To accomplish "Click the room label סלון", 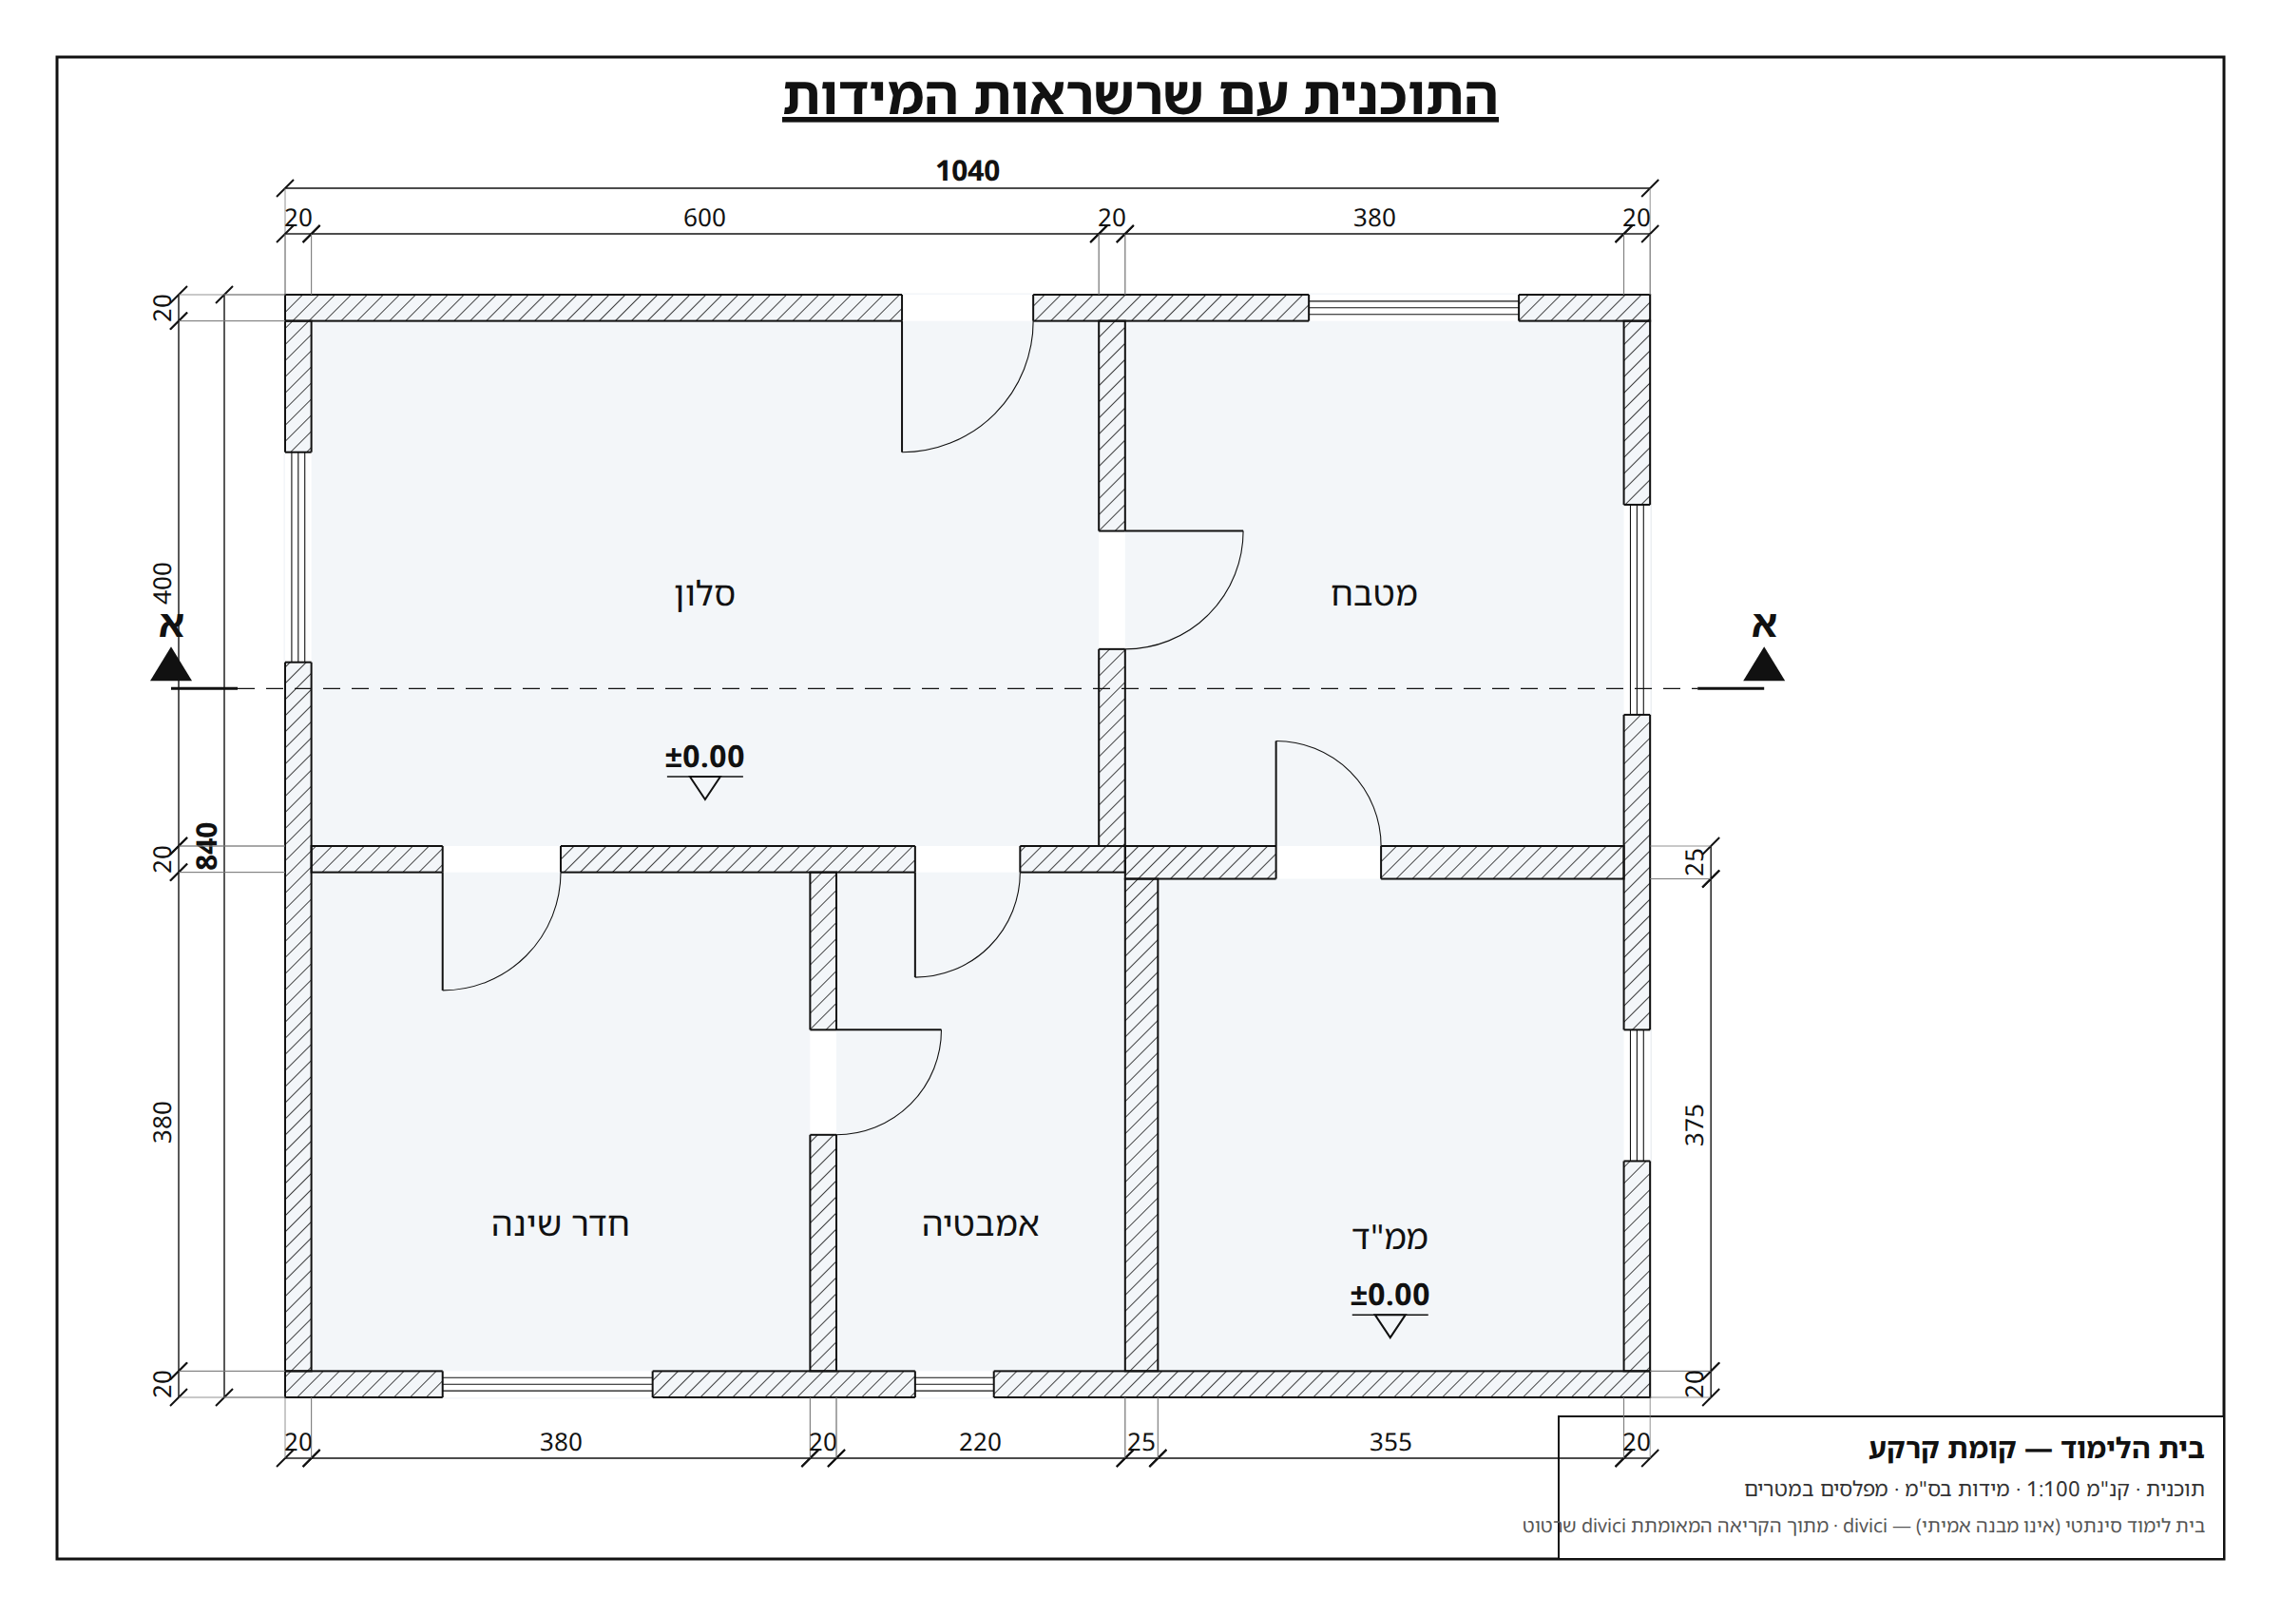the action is tap(704, 594).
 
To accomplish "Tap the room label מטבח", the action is tap(1373, 594).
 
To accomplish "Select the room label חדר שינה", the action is tap(560, 1224).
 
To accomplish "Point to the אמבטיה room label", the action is tap(980, 1224).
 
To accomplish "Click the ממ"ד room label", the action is tap(1390, 1237).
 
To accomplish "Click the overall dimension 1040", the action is tap(967, 171).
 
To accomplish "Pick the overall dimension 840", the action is tap(206, 846).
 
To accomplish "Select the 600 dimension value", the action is tap(704, 218).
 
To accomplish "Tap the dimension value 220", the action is tap(980, 1442).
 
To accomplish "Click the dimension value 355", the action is tap(1390, 1442).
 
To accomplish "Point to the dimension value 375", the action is tap(1694, 1125).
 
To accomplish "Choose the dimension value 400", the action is tap(163, 583).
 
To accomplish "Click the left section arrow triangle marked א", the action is tap(171, 664).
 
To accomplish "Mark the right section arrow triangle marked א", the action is tap(1763, 664).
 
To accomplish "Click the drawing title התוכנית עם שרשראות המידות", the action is tap(1140, 98).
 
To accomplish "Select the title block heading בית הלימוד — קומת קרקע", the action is tap(2037, 1448).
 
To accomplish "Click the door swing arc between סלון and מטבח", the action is tap(1209, 614).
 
